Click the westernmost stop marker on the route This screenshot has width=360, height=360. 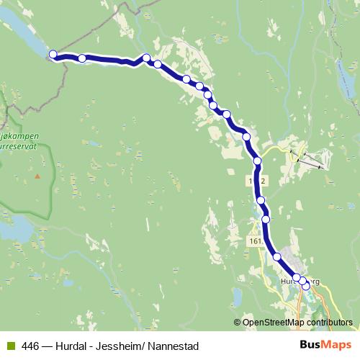53,54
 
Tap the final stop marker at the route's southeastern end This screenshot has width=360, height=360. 306,286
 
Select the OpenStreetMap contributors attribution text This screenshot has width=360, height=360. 299,323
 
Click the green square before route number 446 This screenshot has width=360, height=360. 11,346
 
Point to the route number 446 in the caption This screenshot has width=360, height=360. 31,346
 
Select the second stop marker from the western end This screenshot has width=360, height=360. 82,58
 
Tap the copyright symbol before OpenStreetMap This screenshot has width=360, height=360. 238,323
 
